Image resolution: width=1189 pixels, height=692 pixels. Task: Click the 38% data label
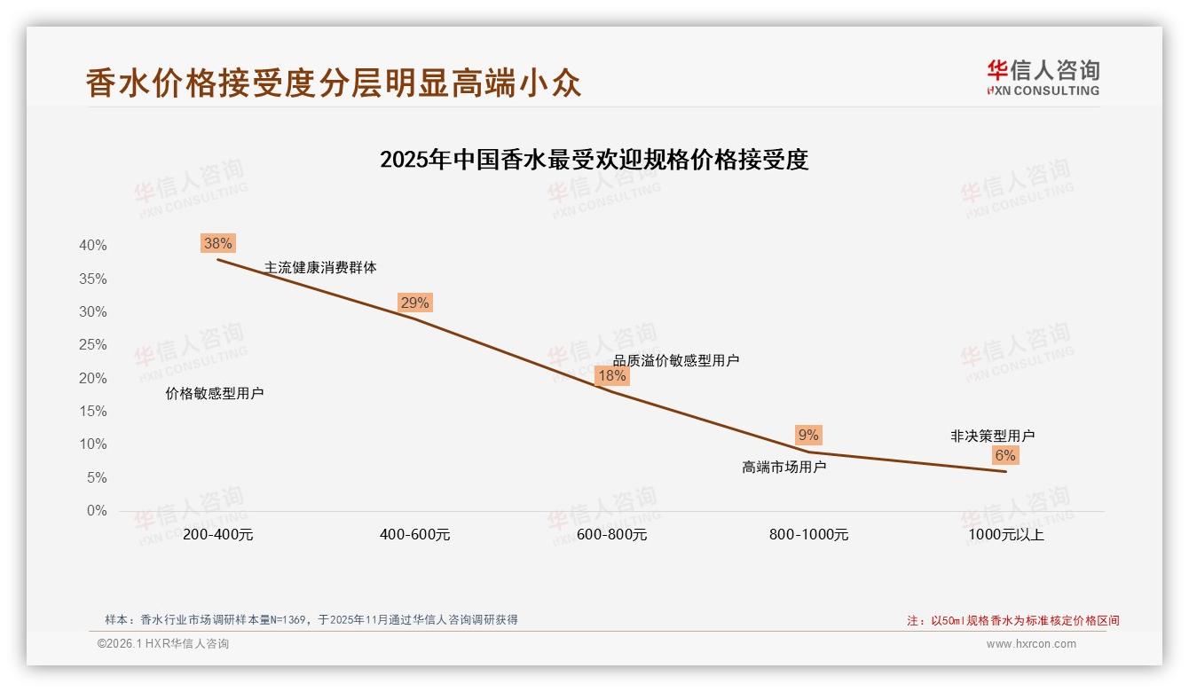218,243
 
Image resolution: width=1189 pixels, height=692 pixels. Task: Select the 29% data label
414,303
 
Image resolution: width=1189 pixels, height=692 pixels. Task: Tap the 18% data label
611,375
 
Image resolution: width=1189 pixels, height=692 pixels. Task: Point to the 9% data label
808,435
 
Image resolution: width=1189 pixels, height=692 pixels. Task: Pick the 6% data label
1005,455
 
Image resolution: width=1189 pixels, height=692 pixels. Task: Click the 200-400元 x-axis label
218,535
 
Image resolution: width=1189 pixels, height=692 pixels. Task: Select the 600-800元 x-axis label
611,535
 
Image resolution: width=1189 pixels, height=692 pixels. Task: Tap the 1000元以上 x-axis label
1006,535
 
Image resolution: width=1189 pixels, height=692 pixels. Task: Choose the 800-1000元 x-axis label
808,535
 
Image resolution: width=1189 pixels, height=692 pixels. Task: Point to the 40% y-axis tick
92,246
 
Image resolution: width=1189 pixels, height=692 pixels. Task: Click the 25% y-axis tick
92,345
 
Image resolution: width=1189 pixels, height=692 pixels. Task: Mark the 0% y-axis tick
97,511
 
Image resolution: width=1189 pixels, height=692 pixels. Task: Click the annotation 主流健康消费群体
320,267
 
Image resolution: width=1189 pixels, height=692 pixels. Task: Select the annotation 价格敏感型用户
215,394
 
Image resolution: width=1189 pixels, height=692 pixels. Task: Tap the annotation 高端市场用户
784,467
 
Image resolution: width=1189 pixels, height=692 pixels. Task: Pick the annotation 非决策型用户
992,436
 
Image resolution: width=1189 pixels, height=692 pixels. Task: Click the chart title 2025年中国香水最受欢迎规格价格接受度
594,161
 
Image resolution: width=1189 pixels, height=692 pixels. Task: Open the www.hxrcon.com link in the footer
1031,644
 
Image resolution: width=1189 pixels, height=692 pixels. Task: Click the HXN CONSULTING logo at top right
1043,78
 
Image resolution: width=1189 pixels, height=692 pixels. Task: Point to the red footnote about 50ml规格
1013,621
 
